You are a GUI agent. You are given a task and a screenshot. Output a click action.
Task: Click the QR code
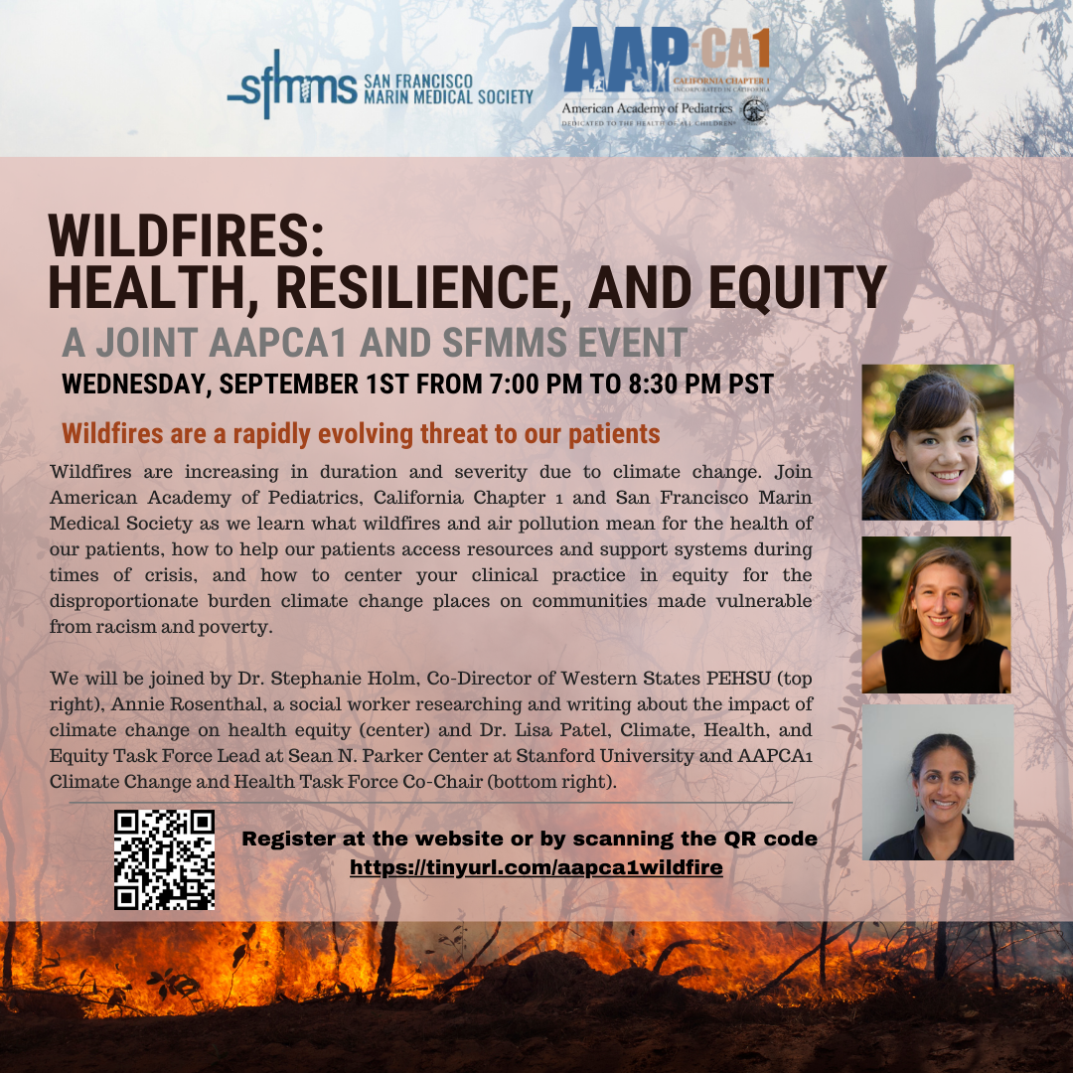[x=164, y=859]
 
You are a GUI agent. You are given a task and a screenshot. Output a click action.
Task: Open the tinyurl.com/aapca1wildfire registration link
[x=536, y=867]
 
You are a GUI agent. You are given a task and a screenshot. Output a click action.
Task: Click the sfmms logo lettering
[x=292, y=84]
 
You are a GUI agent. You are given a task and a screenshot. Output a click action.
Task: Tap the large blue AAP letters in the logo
[x=626, y=60]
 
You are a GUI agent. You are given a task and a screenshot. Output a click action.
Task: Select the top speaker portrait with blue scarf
[x=938, y=442]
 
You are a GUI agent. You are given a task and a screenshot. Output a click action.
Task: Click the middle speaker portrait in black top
[x=936, y=615]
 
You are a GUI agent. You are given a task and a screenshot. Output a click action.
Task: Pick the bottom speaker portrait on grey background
[x=938, y=782]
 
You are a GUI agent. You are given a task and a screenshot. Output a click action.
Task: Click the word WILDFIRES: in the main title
[x=186, y=235]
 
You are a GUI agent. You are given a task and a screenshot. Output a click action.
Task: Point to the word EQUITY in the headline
[x=797, y=287]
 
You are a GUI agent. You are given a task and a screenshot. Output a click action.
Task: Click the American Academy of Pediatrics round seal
[x=755, y=111]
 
